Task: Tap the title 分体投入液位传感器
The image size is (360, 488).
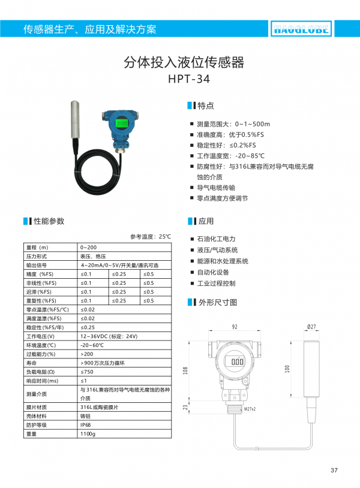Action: (x=184, y=62)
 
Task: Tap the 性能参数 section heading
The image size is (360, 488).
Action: (x=48, y=221)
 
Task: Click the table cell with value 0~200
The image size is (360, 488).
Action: (x=88, y=248)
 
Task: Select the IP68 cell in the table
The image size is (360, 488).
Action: (x=87, y=424)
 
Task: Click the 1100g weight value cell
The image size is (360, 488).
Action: (x=88, y=433)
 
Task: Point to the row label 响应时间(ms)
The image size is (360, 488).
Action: (x=43, y=381)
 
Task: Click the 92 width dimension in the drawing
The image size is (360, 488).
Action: (x=235, y=327)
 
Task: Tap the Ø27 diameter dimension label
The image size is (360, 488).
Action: (x=311, y=327)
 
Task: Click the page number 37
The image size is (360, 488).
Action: (x=334, y=469)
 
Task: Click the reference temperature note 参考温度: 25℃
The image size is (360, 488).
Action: (x=151, y=237)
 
